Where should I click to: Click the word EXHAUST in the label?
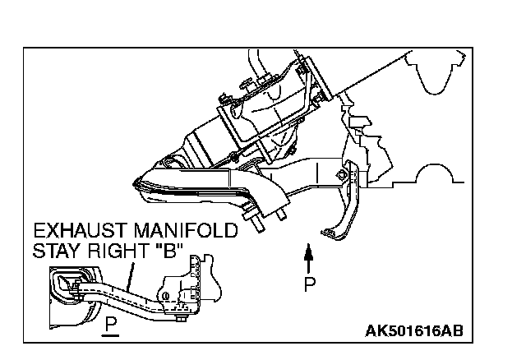(73, 230)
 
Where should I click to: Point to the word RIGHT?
(113, 250)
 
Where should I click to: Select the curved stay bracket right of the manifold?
(341, 205)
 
